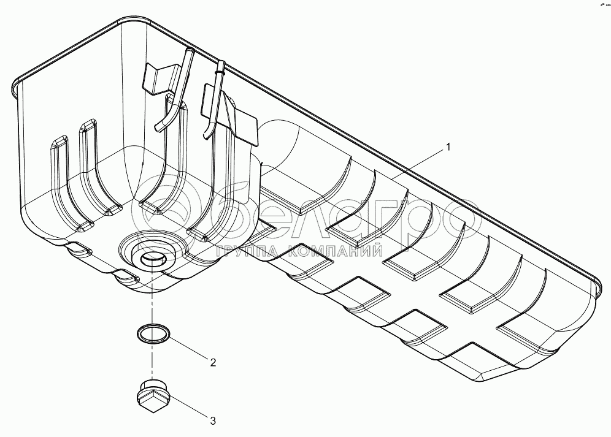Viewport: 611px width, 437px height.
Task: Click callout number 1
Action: [x=448, y=147]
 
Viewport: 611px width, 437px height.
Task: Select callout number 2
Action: [x=212, y=362]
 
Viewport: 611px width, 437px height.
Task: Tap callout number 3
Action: [x=212, y=420]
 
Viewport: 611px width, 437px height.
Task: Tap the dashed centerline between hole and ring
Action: [x=150, y=300]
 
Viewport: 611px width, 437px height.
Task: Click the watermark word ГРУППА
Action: [x=243, y=251]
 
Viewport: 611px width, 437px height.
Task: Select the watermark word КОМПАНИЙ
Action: [x=332, y=251]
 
